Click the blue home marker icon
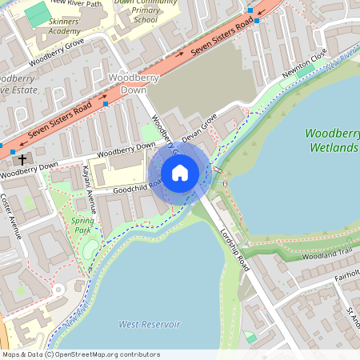pos(180,173)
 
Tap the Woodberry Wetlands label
pos(331,141)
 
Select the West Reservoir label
pos(149,324)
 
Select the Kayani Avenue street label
pos(91,190)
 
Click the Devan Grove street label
pos(199,129)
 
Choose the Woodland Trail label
pos(328,254)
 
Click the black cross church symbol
pos(22,159)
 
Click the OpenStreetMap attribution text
pos(80,354)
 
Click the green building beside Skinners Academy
pos(36,14)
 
